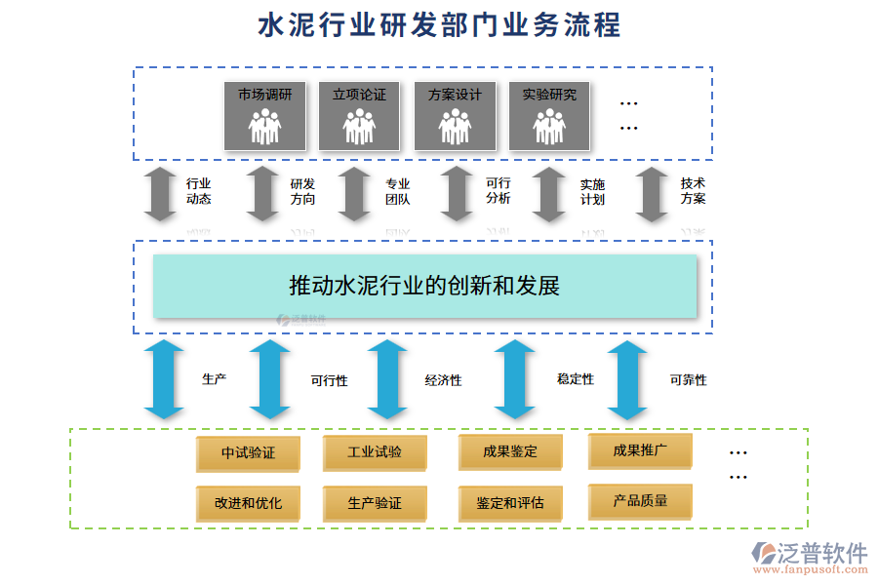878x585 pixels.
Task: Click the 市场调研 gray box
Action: (x=264, y=116)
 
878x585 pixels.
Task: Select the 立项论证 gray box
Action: (x=359, y=116)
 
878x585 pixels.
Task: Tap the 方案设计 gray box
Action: (x=455, y=116)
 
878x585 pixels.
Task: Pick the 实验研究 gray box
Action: (x=549, y=116)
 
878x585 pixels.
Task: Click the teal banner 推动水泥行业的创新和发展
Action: (x=424, y=286)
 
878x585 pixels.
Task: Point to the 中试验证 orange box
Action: (x=248, y=453)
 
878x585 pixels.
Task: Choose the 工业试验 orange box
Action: (x=375, y=452)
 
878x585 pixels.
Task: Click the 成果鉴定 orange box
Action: (x=510, y=452)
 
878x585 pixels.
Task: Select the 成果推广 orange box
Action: (x=640, y=450)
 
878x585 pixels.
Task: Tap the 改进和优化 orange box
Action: (x=248, y=503)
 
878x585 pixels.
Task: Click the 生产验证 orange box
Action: (x=375, y=503)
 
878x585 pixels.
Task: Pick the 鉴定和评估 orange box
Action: (x=510, y=503)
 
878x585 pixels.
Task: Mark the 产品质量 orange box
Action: (x=640, y=501)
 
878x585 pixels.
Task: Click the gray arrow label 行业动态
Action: (x=199, y=191)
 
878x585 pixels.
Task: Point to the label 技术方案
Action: (x=694, y=190)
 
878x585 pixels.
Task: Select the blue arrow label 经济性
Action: (x=443, y=380)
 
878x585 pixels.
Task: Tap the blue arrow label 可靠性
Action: (x=688, y=380)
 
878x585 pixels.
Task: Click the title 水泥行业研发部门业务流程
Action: (x=439, y=25)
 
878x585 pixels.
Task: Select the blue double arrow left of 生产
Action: (x=164, y=378)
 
